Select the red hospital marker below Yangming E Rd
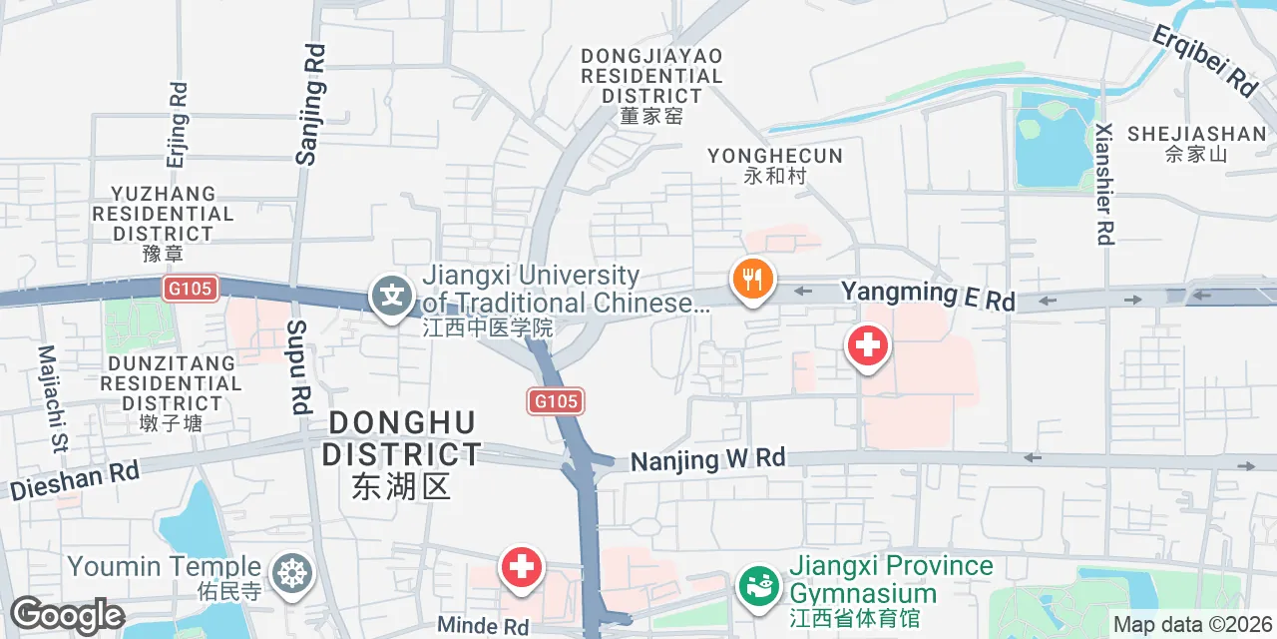[x=867, y=347]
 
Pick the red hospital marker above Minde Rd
[x=521, y=568]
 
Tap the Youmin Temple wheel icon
[x=292, y=573]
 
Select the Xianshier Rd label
[x=1103, y=185]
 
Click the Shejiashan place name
[x=1196, y=142]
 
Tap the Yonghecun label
[x=775, y=165]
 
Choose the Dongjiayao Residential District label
[x=651, y=86]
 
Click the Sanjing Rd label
[x=311, y=103]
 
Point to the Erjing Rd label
[x=178, y=125]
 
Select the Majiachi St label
[x=51, y=399]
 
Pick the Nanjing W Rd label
[x=708, y=460]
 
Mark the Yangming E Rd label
[x=928, y=295]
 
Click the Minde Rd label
[x=483, y=626]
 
